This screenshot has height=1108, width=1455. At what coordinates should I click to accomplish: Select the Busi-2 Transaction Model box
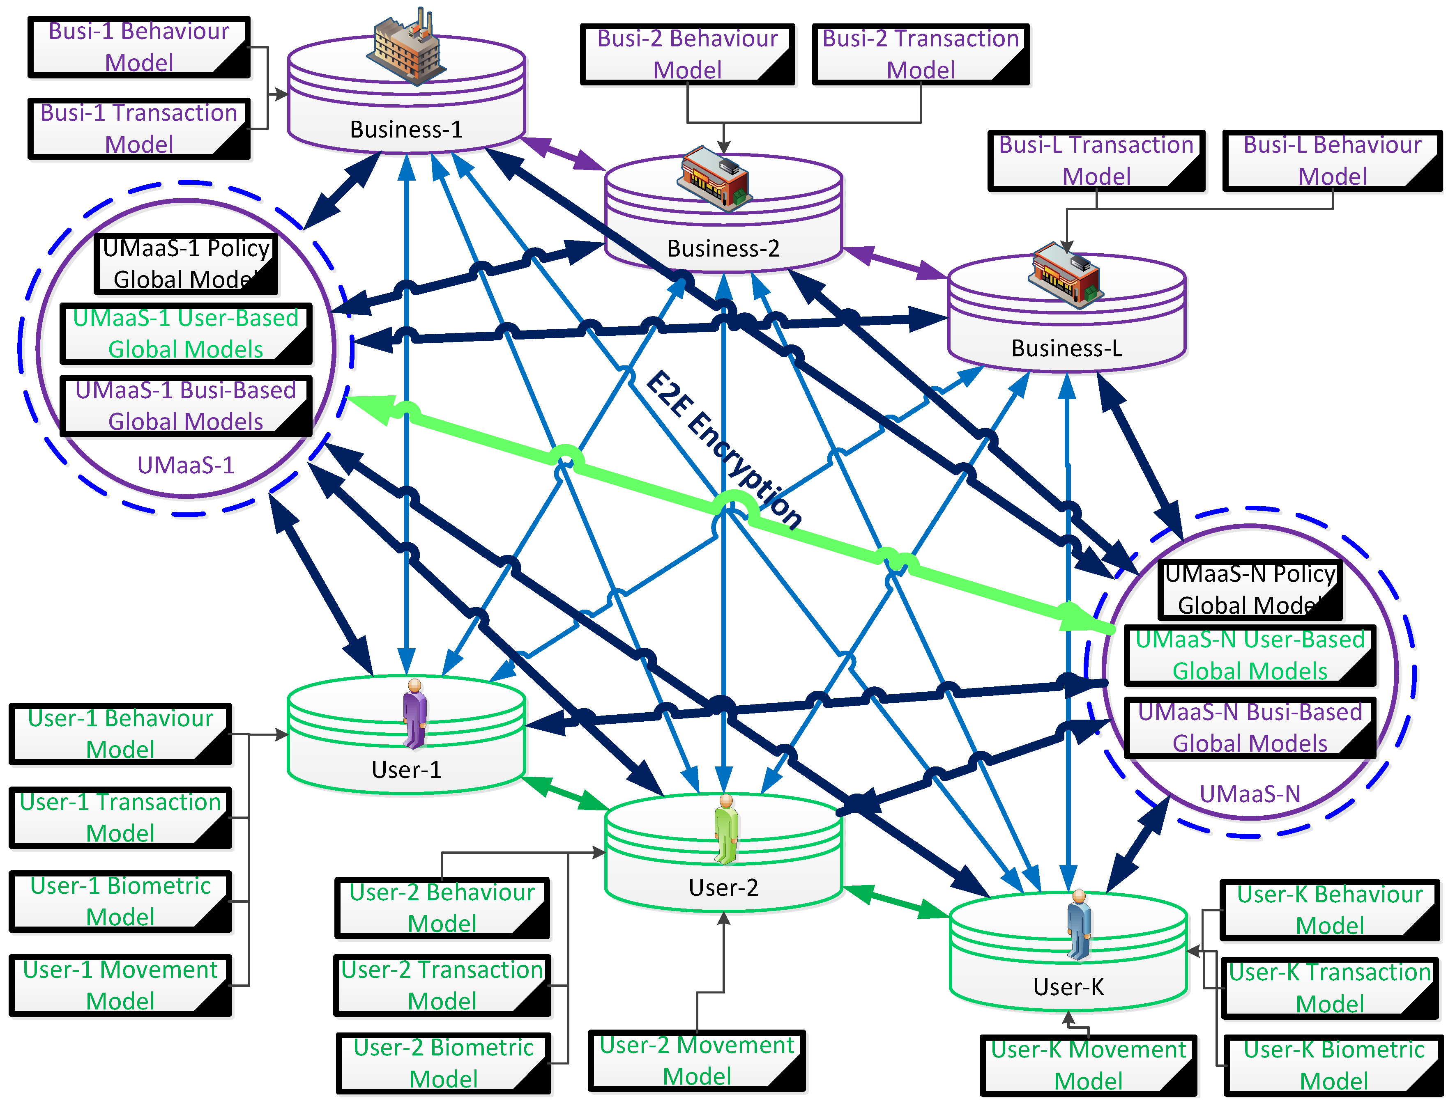pyautogui.click(x=921, y=55)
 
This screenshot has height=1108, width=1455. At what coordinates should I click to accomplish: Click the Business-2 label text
pyautogui.click(x=723, y=249)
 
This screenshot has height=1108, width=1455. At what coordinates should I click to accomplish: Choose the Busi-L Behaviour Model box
pyautogui.click(x=1332, y=161)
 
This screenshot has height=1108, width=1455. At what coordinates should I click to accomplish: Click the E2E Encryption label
pyautogui.click(x=723, y=450)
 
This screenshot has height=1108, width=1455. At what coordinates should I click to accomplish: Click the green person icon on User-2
pyautogui.click(x=726, y=830)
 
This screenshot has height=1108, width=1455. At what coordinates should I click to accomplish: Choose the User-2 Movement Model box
pyautogui.click(x=697, y=1060)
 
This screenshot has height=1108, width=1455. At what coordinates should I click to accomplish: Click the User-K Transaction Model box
pyautogui.click(x=1330, y=988)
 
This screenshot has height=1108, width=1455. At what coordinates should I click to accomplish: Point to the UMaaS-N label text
pyautogui.click(x=1250, y=794)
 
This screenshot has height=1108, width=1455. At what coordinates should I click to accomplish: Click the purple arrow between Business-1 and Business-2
pyautogui.click(x=564, y=153)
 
